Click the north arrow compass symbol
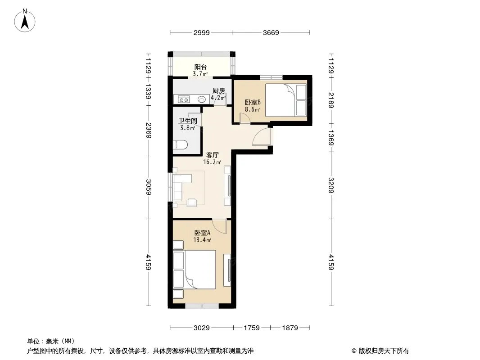pyautogui.click(x=25, y=21)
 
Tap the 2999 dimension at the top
pyautogui.click(x=201, y=33)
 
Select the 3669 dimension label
pyautogui.click(x=271, y=33)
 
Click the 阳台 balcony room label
pyautogui.click(x=200, y=67)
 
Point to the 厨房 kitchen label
pyautogui.click(x=219, y=91)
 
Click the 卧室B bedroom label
pyautogui.click(x=253, y=102)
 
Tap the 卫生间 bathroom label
pyautogui.click(x=188, y=121)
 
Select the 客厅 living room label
pyautogui.click(x=212, y=155)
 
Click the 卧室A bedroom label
pyautogui.click(x=202, y=233)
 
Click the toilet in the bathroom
pyautogui.click(x=180, y=144)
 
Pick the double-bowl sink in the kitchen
pyautogui.click(x=184, y=99)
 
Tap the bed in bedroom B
pyautogui.click(x=286, y=100)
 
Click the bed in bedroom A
pyautogui.click(x=195, y=270)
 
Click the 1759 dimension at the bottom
pyautogui.click(x=252, y=328)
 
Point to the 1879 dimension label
pyautogui.click(x=290, y=328)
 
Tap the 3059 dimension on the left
pyautogui.click(x=149, y=187)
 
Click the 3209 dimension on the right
pyautogui.click(x=331, y=185)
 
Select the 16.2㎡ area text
pyautogui.click(x=212, y=162)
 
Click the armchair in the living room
pyautogui.click(x=192, y=202)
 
